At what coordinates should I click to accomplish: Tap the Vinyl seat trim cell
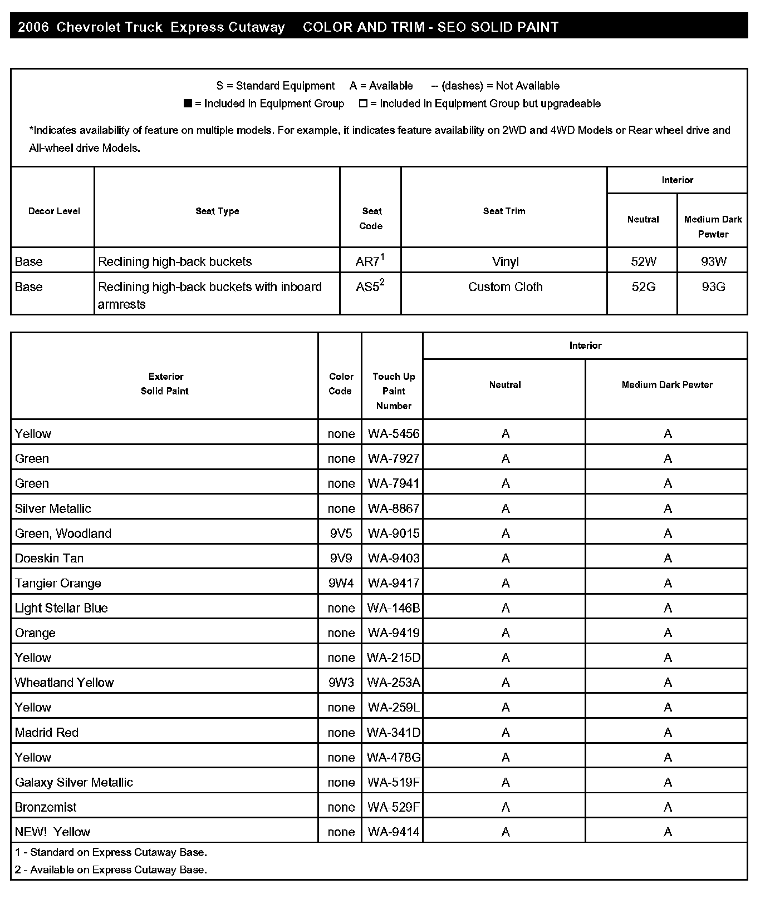point(505,261)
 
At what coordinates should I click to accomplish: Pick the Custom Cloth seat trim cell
point(505,287)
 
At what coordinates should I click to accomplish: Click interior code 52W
point(643,261)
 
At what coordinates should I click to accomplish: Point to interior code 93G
point(713,287)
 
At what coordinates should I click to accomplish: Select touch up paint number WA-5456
point(393,434)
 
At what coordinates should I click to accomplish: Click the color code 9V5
point(341,533)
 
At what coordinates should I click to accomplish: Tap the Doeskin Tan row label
point(49,559)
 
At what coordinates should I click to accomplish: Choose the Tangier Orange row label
point(58,584)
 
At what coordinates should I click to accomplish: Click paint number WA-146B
point(393,608)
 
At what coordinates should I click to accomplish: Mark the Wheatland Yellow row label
point(64,683)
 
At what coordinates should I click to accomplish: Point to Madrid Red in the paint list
point(47,733)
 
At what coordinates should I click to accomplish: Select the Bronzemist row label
point(46,807)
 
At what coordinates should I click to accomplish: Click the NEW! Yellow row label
point(52,832)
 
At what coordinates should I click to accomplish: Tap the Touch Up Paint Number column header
point(393,391)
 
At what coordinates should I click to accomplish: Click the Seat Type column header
point(217,211)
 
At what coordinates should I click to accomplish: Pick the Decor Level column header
point(54,211)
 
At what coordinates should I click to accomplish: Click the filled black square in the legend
point(188,103)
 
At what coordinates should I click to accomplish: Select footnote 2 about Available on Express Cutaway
point(111,870)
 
